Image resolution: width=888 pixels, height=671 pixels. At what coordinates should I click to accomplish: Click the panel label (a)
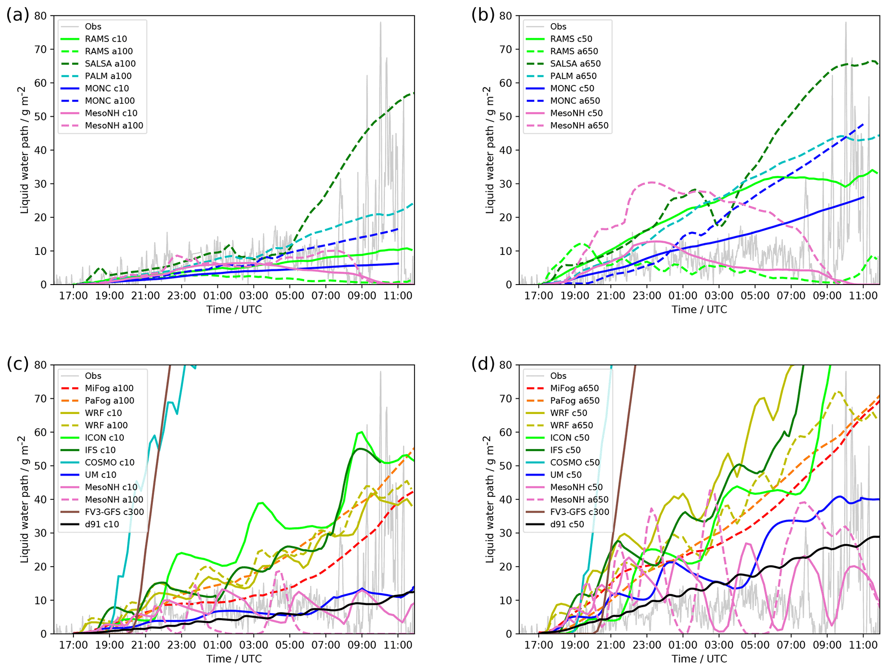18,15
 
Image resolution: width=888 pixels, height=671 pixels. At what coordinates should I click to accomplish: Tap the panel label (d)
483,365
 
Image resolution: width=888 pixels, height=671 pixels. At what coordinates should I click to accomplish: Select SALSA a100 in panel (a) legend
110,64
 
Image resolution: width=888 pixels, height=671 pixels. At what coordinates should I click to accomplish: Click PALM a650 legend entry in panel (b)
573,76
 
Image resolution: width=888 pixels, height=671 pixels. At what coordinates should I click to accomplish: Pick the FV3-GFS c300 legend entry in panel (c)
114,512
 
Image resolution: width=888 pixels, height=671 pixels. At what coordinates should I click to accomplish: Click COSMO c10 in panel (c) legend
109,463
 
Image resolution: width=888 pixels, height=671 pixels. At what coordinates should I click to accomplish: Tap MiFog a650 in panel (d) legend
574,388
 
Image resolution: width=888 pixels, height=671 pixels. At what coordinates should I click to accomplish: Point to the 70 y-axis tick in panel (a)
41,49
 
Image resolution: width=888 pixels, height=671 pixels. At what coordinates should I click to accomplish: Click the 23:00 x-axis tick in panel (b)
647,296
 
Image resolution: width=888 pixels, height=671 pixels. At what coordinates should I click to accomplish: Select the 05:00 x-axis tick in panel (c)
290,645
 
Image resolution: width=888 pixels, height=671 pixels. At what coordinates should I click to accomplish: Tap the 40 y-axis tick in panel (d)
506,499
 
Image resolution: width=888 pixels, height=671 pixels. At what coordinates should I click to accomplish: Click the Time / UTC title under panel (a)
234,309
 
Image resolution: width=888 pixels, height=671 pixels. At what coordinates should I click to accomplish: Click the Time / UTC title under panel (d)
699,659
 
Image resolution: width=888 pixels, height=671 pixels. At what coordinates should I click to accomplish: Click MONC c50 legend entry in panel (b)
572,89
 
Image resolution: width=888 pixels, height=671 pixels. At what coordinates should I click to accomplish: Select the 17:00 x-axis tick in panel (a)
73,296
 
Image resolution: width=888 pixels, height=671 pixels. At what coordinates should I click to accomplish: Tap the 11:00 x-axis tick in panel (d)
863,645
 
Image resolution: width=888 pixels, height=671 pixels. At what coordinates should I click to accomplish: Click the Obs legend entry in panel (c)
93,376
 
